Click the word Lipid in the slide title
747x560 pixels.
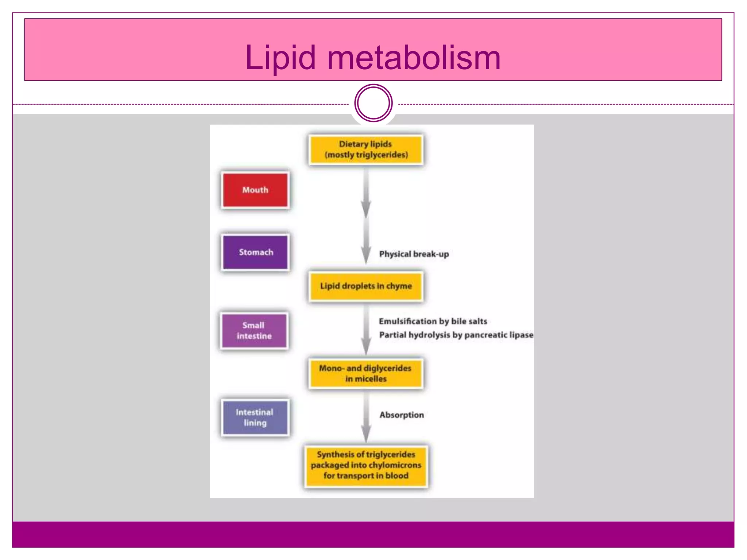click(x=280, y=58)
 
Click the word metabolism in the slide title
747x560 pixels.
click(x=414, y=58)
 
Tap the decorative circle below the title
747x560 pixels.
click(x=373, y=103)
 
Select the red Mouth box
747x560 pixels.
click(x=255, y=190)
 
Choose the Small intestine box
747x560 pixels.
click(x=254, y=331)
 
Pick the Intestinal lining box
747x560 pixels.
click(x=255, y=417)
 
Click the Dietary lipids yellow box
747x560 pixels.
click(x=365, y=149)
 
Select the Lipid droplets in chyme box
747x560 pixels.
click(x=365, y=286)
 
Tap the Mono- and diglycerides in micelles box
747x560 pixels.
click(x=365, y=373)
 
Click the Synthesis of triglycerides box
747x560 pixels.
click(x=366, y=466)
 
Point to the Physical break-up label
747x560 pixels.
click(x=414, y=254)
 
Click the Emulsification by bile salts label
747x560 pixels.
click(x=433, y=321)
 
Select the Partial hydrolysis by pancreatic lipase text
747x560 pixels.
click(x=456, y=335)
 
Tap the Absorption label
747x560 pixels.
click(x=401, y=415)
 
